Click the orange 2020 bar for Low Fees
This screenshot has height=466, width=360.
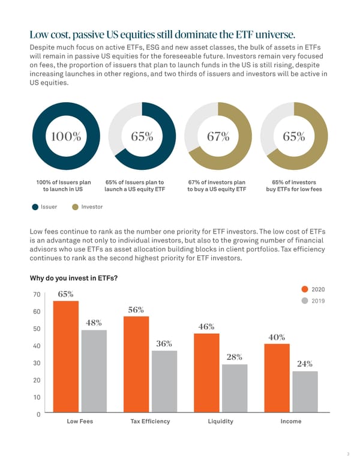point(66,357)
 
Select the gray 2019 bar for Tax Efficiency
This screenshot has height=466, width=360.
point(164,381)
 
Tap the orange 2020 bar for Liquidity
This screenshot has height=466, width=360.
point(206,373)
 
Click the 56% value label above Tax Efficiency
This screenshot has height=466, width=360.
point(136,310)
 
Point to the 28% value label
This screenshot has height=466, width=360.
point(235,357)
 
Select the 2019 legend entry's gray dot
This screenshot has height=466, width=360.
point(305,300)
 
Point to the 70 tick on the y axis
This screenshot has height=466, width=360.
point(37,294)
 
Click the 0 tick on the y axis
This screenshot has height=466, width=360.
point(38,414)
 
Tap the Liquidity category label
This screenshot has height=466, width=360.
point(220,422)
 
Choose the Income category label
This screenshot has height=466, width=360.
point(291,422)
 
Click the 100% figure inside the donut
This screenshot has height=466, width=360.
point(66,136)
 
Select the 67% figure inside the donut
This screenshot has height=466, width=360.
point(218,136)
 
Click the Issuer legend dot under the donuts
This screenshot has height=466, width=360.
point(36,207)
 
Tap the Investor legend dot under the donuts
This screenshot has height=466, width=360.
point(75,207)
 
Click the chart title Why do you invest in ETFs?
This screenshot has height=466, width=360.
point(73,278)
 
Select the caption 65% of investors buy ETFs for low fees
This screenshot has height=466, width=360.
point(293,186)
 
